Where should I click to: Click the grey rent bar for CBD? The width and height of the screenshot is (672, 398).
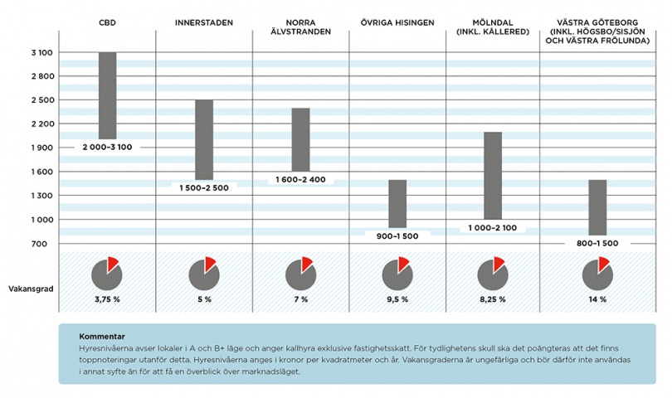pyautogui.click(x=107, y=95)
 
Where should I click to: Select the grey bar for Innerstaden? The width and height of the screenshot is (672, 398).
pyautogui.click(x=204, y=139)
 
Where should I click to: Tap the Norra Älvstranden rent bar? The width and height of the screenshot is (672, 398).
pyautogui.click(x=300, y=139)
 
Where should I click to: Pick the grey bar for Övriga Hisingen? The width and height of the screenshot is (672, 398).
pyautogui.click(x=397, y=203)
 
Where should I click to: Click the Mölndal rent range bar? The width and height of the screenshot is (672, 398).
pyautogui.click(x=493, y=175)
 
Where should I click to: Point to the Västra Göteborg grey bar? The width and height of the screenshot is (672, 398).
pyautogui.click(x=597, y=207)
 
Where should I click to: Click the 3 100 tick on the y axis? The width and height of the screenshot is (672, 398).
pyautogui.click(x=41, y=52)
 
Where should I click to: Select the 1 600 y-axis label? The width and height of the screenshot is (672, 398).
pyautogui.click(x=41, y=172)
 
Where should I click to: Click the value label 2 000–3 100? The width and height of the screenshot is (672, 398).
pyautogui.click(x=107, y=147)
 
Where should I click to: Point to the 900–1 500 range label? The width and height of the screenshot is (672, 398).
pyautogui.click(x=397, y=235)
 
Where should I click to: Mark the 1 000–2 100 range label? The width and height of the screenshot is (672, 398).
pyautogui.click(x=493, y=227)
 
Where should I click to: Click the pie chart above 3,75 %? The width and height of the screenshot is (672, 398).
pyautogui.click(x=107, y=273)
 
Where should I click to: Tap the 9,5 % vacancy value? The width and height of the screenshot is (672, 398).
pyautogui.click(x=397, y=299)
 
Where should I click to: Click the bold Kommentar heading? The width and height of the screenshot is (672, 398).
pyautogui.click(x=101, y=337)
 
